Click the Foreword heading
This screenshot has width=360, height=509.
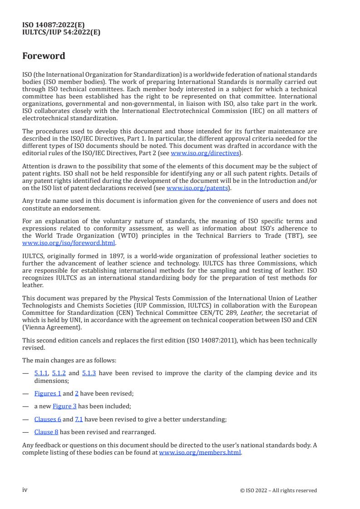(44, 56)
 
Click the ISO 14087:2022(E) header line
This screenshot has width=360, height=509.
(54, 25)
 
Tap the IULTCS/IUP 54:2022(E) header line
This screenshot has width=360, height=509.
(61, 32)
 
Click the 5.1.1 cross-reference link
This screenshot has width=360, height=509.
(41, 374)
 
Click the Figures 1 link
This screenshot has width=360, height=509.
(48, 394)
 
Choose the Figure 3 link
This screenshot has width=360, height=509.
(64, 406)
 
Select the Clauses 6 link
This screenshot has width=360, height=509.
(48, 420)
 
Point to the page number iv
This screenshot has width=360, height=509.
(25, 490)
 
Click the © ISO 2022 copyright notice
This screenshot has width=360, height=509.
(278, 490)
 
